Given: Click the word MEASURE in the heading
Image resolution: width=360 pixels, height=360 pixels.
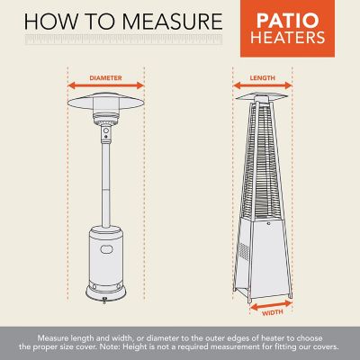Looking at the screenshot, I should click(171, 19).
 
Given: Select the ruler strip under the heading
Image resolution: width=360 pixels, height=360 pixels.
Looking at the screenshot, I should click(117, 41).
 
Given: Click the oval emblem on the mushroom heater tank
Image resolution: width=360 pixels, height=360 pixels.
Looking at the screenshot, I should click(102, 245).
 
